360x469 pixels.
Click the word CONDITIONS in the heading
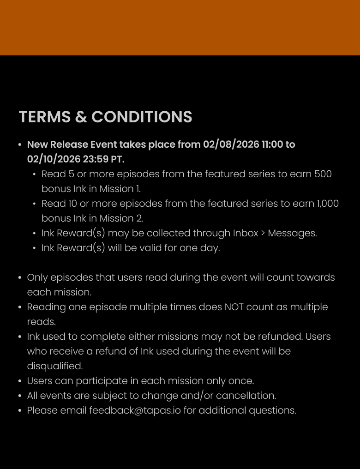click(142, 117)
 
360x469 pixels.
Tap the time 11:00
click(272, 144)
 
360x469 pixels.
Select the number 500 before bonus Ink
click(323, 174)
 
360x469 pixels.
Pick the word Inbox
click(246, 233)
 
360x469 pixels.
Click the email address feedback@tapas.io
click(135, 410)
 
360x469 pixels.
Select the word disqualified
click(55, 366)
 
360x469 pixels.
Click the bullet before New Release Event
click(20, 145)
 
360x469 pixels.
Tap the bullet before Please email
click(20, 411)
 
